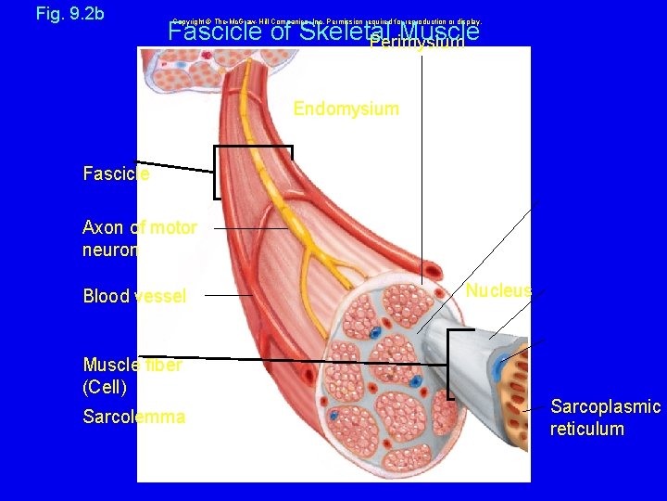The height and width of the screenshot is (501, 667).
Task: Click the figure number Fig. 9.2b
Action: (x=69, y=14)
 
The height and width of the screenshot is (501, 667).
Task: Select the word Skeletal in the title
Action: (x=345, y=32)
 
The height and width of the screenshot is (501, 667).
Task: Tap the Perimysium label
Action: (x=417, y=44)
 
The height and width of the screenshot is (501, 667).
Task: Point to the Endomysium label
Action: (x=346, y=109)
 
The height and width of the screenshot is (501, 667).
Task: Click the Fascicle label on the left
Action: (x=116, y=173)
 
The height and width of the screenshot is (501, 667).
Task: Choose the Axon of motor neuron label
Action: (x=139, y=238)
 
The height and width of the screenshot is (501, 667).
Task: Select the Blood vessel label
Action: (x=134, y=296)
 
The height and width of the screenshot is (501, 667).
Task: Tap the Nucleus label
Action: (x=498, y=291)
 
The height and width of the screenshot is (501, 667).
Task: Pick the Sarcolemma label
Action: (x=133, y=417)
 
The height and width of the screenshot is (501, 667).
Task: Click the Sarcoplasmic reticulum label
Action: (x=605, y=417)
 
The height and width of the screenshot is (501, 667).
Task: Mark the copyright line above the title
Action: (x=326, y=21)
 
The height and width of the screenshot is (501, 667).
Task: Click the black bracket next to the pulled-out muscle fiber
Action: (x=450, y=364)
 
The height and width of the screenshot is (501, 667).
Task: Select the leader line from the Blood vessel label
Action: (x=228, y=295)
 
